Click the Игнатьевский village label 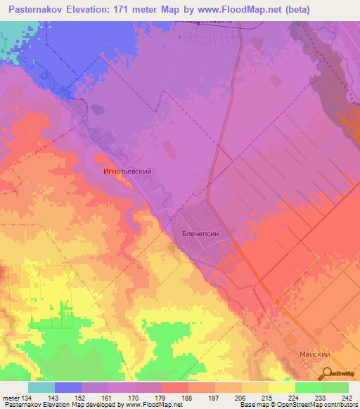129,171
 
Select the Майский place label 315,356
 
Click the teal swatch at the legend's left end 41,387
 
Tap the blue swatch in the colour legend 68,387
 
